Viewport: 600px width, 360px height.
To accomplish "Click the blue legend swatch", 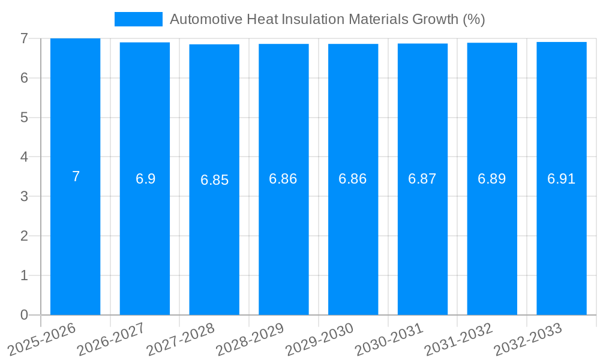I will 139,19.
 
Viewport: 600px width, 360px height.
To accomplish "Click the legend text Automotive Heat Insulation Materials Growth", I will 327,19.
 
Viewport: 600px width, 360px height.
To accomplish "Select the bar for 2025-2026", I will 76,240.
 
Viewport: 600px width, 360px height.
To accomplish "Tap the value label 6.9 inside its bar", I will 145,179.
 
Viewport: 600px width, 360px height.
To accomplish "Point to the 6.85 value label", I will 214,180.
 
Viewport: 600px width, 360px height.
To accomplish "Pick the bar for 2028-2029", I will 284,240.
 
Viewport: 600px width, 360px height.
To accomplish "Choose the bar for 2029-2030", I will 353,240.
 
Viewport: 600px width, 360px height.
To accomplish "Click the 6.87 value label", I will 422,179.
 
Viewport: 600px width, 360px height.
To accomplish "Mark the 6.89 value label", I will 492,179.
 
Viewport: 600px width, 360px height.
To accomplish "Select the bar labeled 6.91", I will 561,240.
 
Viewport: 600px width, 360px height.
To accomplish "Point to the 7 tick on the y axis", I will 24,38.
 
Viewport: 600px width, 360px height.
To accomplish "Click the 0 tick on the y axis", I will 24,315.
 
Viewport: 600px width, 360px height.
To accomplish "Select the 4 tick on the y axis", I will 24,157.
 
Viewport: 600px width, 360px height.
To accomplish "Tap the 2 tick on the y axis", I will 24,236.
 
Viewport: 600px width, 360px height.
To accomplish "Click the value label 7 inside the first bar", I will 76,177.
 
